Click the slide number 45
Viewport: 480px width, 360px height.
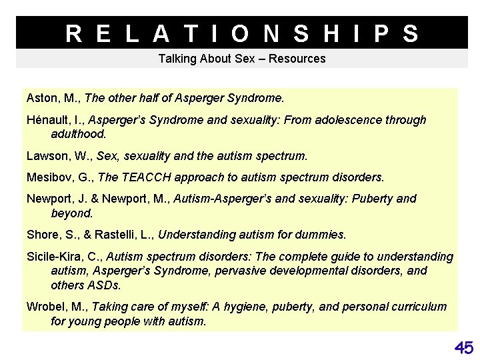[x=464, y=347]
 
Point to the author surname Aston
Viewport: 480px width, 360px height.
[x=41, y=98]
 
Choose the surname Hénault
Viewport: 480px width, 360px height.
[x=47, y=120]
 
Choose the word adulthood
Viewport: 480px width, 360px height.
[x=78, y=133]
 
